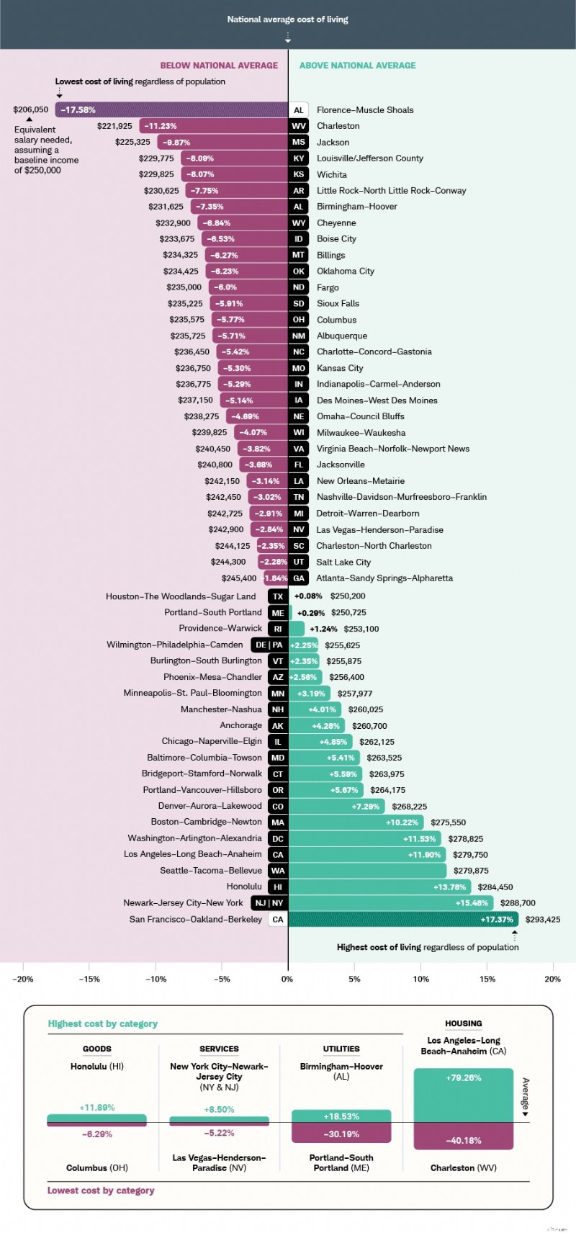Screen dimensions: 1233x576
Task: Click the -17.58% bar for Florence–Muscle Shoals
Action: coord(171,110)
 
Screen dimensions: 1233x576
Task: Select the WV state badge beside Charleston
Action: coord(298,126)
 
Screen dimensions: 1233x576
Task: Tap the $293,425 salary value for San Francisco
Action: coord(543,919)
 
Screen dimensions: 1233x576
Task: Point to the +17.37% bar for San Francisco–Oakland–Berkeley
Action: coord(403,919)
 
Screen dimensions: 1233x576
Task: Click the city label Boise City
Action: coord(336,239)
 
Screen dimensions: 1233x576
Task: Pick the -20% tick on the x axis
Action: coord(23,979)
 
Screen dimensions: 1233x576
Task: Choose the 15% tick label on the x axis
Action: coord(487,979)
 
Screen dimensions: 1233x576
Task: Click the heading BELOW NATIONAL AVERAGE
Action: coord(219,66)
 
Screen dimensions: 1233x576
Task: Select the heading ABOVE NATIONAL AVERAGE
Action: coord(357,66)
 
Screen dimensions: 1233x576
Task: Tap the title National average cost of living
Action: coord(287,19)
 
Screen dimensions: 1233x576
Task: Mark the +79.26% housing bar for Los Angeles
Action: coord(463,1095)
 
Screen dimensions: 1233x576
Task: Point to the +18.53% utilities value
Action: coord(341,1116)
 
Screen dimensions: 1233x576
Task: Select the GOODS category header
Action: coord(96,1049)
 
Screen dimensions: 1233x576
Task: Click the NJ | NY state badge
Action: coord(268,903)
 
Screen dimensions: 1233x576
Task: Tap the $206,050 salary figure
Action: coord(31,110)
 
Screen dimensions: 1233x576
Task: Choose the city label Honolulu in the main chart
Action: coord(244,887)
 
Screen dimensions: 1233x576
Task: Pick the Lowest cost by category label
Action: coord(101,1191)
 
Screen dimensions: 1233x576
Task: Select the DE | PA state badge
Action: coord(269,645)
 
